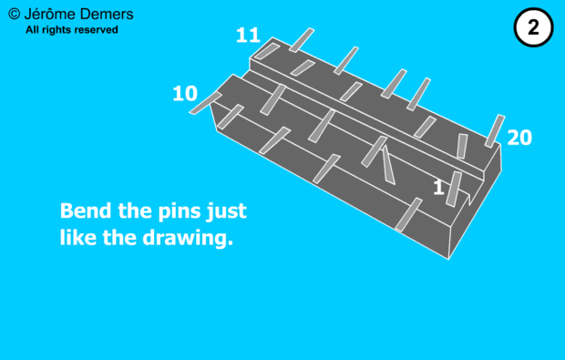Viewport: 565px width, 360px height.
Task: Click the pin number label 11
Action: click(x=248, y=36)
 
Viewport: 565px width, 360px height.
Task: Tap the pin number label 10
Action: click(x=185, y=93)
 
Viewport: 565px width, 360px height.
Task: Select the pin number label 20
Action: click(x=519, y=138)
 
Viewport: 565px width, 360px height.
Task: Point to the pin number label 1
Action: click(x=438, y=188)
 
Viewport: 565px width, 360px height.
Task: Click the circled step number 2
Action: click(x=533, y=27)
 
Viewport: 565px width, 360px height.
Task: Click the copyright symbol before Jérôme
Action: click(x=14, y=14)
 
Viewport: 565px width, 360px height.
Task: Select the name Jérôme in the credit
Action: click(x=49, y=14)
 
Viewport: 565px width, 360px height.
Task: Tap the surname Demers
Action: click(x=107, y=14)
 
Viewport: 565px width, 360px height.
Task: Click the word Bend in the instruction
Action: click(x=86, y=211)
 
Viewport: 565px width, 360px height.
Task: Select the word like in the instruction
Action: click(x=77, y=238)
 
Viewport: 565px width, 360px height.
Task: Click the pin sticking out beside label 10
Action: click(x=205, y=103)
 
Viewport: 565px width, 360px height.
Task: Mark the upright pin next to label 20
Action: click(x=495, y=131)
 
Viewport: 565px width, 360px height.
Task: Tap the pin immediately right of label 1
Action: click(x=454, y=190)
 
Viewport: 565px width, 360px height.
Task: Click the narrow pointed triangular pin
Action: click(x=388, y=164)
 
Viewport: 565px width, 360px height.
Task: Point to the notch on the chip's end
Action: click(x=470, y=199)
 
